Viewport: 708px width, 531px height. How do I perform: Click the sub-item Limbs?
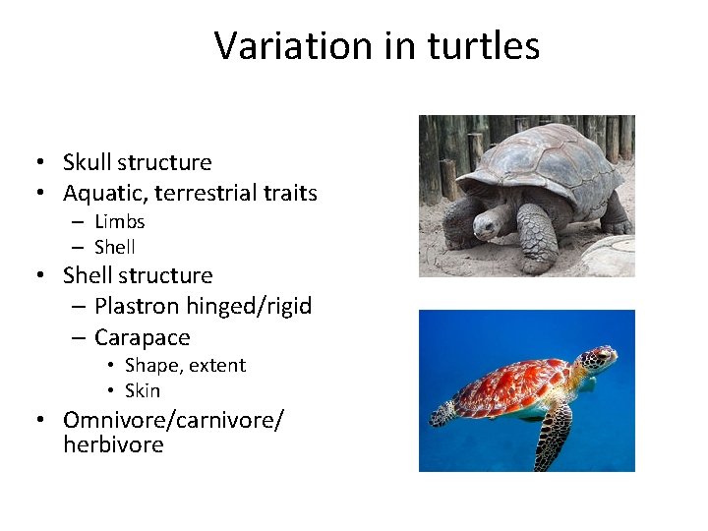[119, 221]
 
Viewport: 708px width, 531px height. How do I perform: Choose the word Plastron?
[138, 306]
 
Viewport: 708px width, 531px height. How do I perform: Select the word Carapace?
[142, 337]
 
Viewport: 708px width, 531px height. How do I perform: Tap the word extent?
[215, 365]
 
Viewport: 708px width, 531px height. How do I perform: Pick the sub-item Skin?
[142, 390]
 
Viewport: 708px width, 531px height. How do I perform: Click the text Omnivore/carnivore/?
[173, 420]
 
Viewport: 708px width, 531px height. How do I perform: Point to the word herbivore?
[113, 444]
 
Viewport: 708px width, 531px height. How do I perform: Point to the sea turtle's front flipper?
[555, 433]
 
